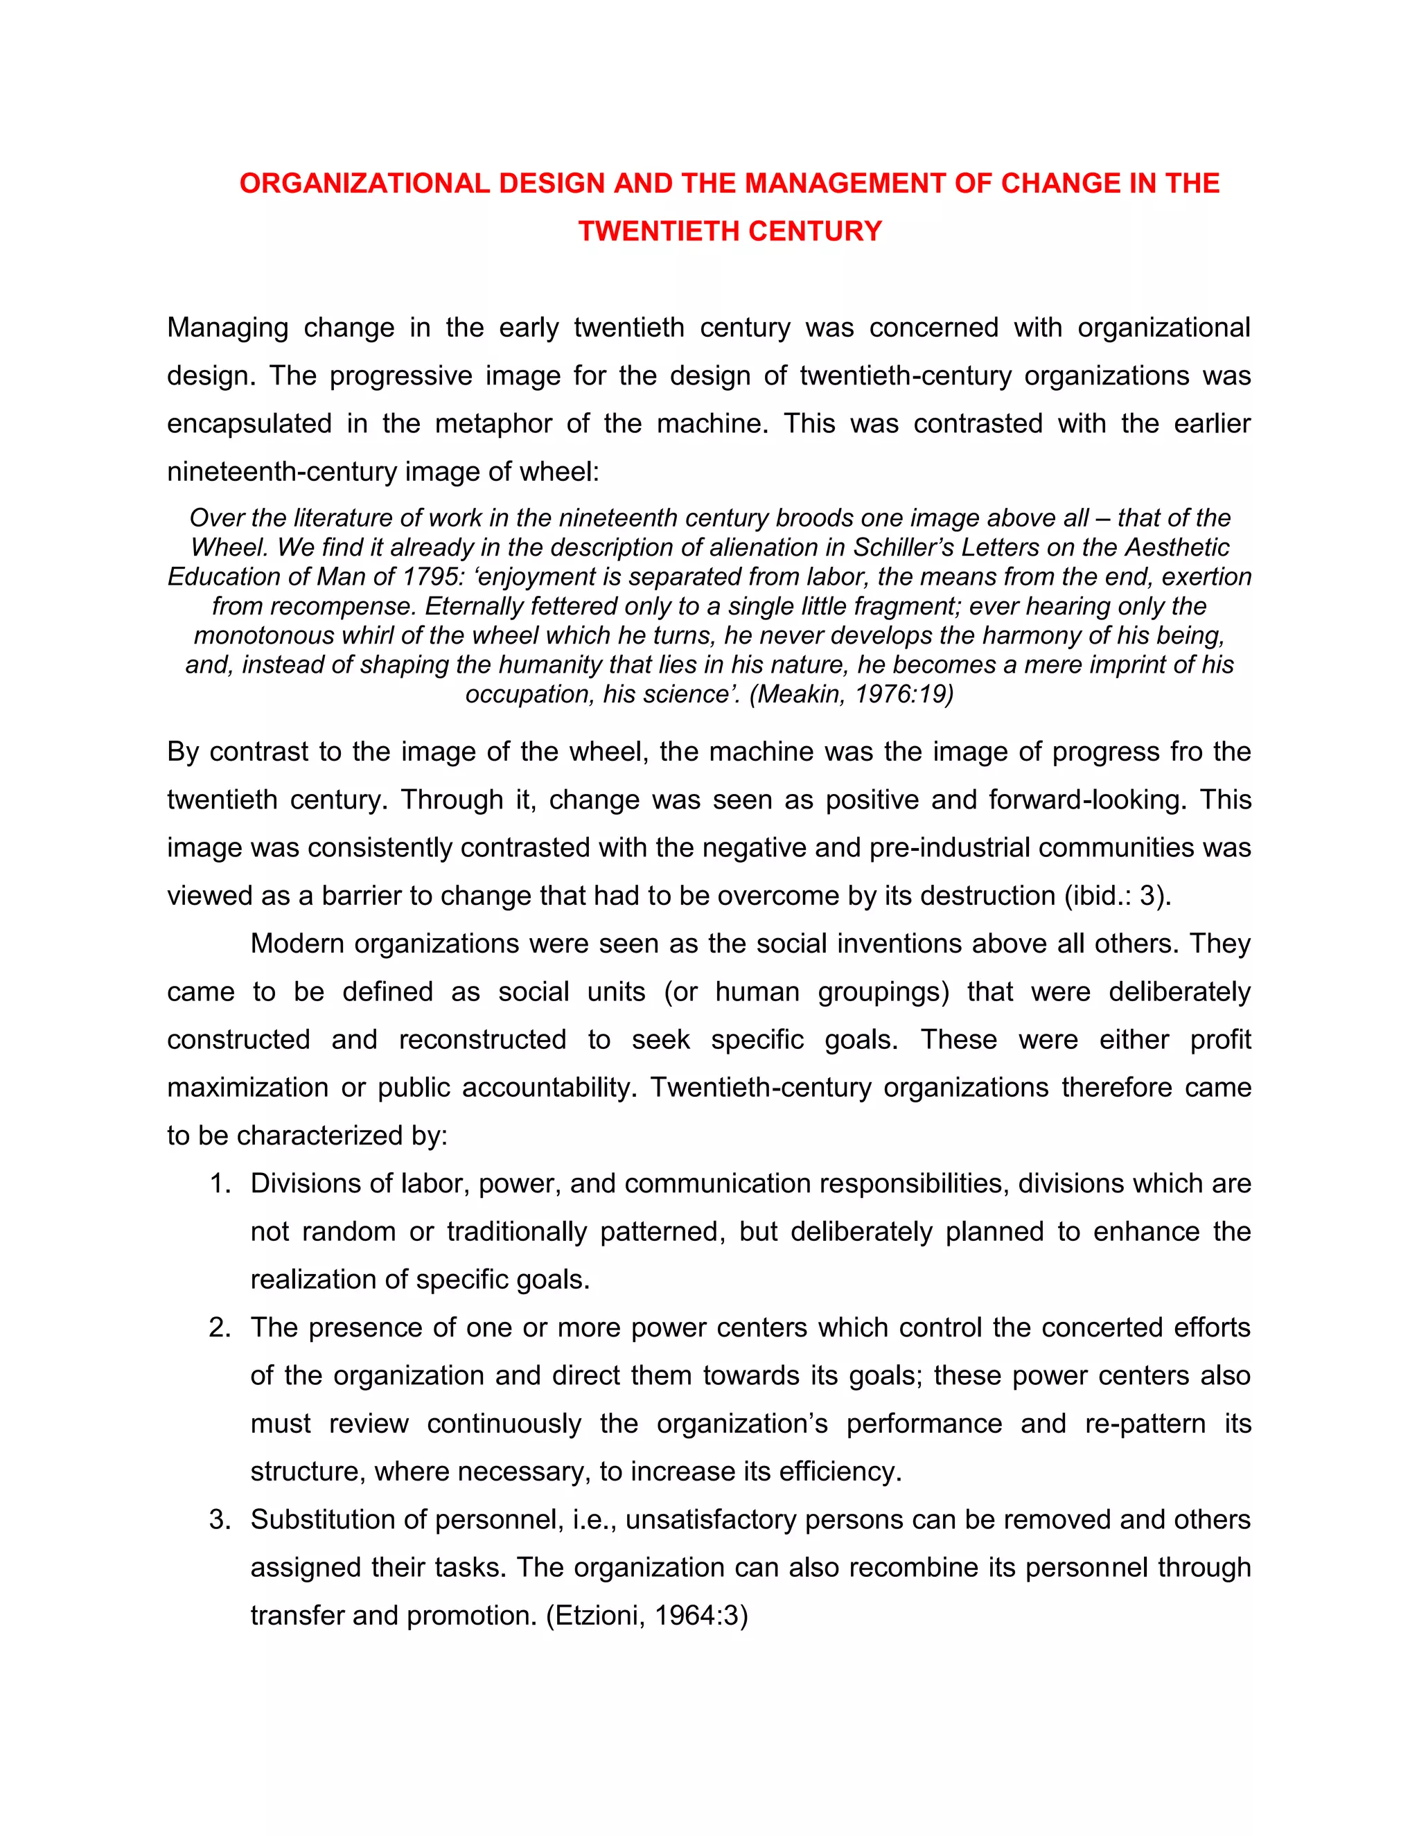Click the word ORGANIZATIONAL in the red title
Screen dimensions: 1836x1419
point(364,184)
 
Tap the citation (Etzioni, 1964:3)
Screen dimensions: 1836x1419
point(646,1616)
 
